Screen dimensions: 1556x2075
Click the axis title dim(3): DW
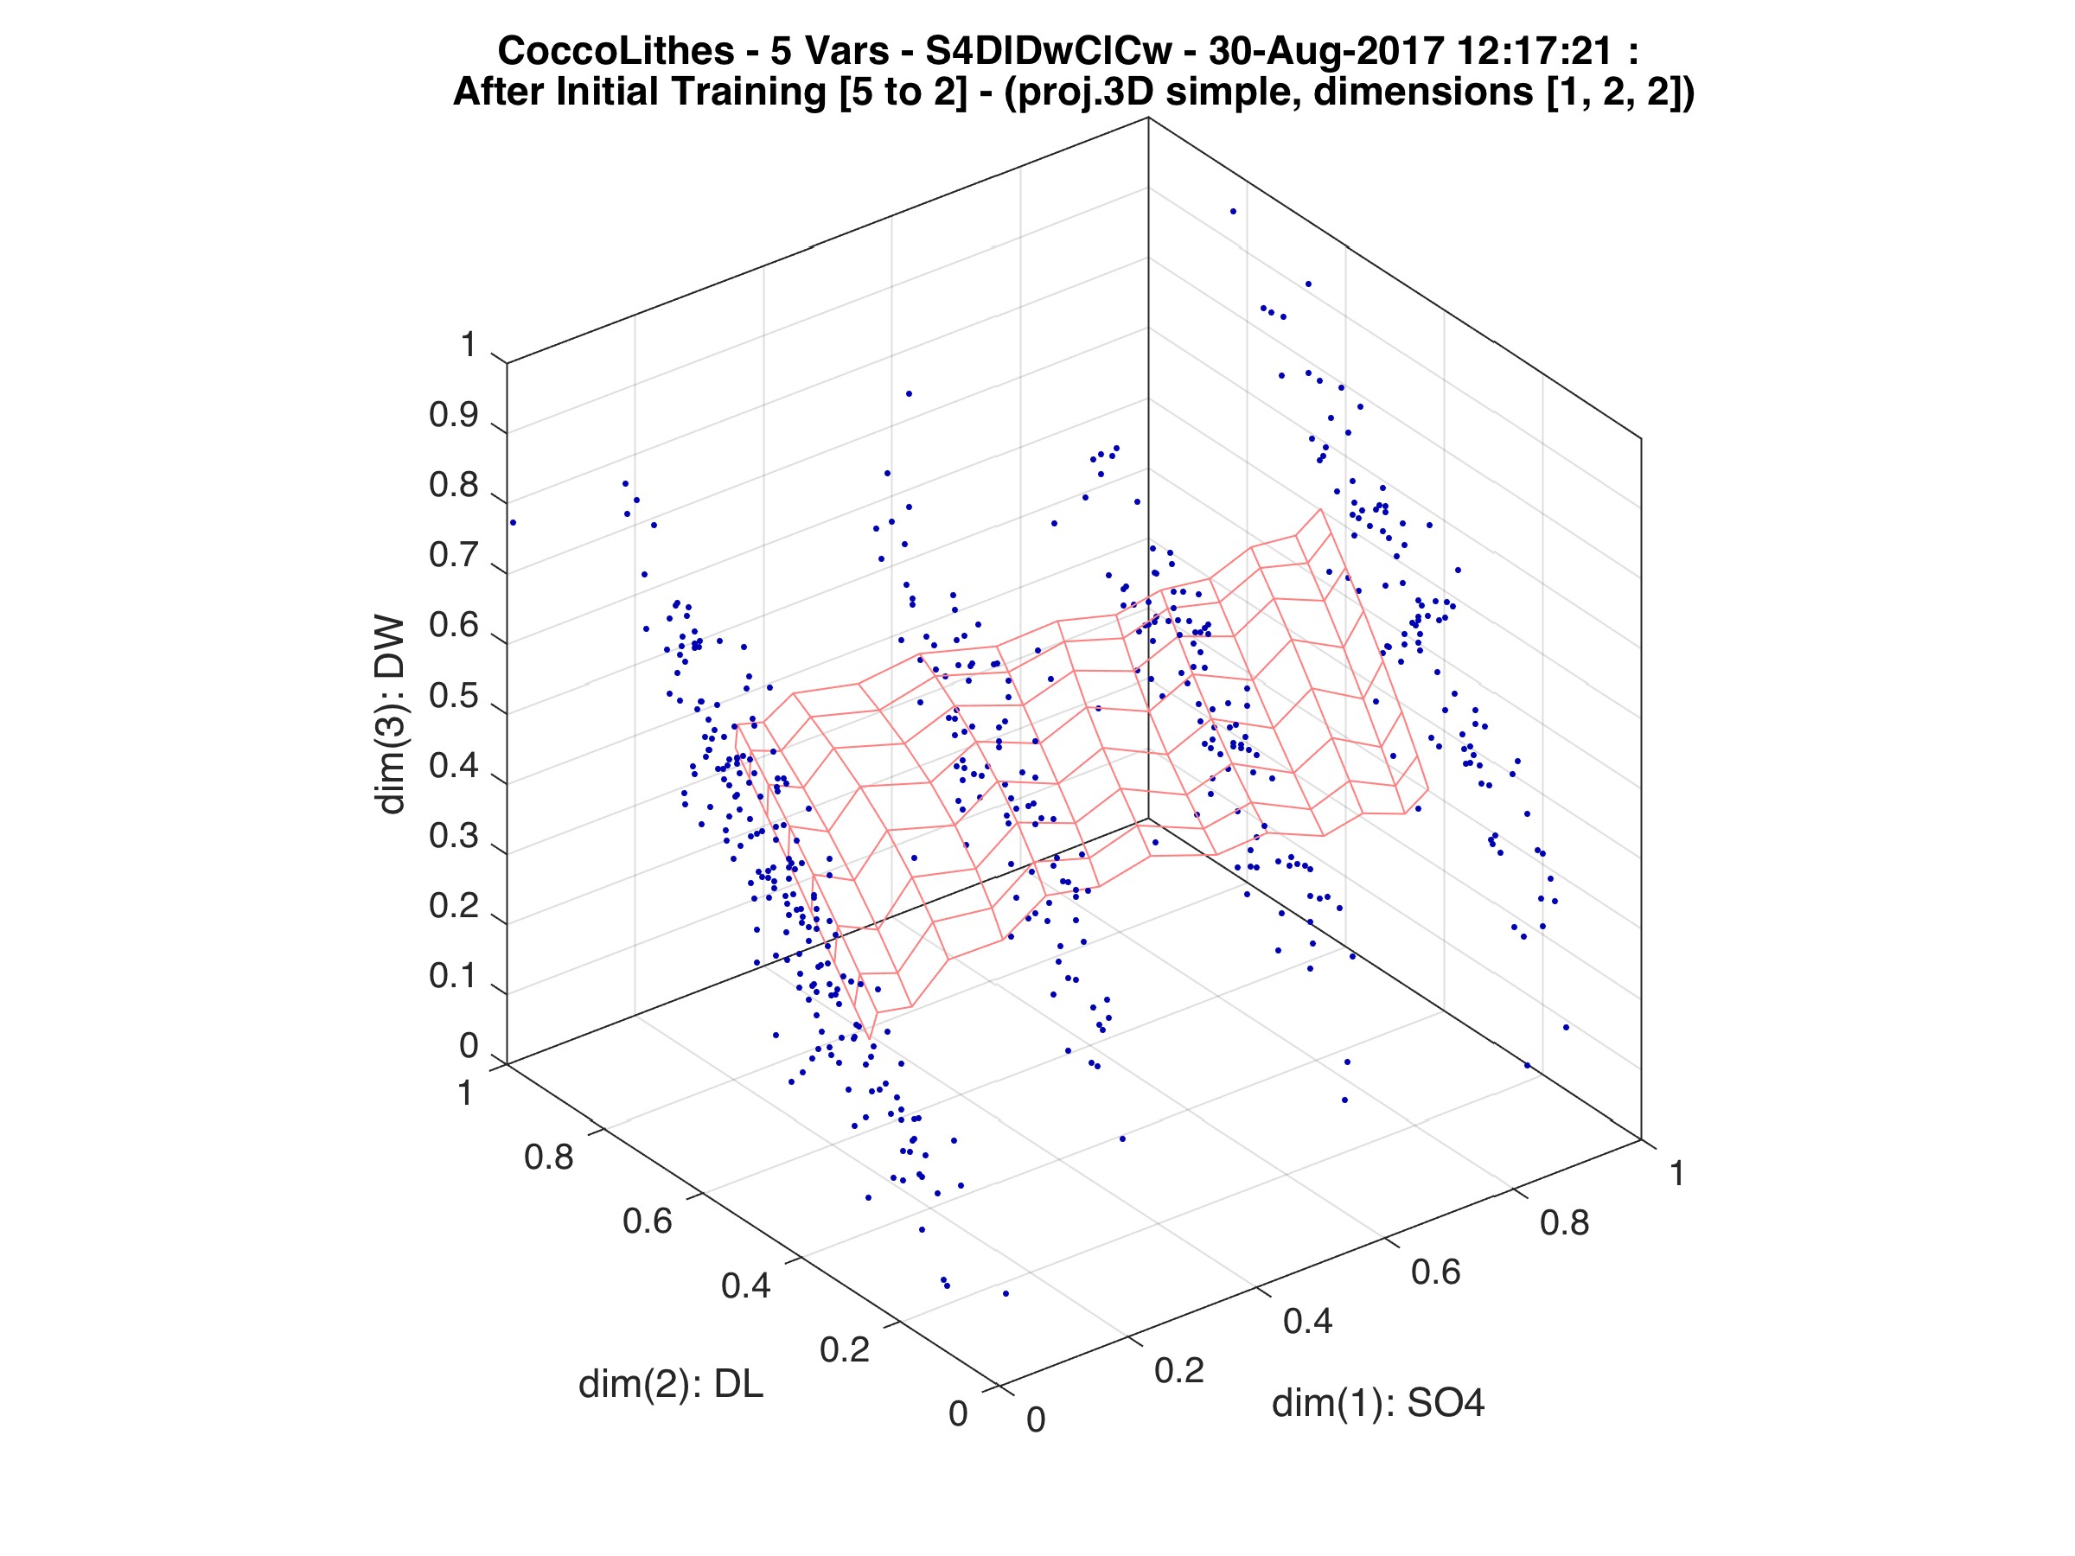point(389,715)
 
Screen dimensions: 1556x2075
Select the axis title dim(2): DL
point(671,1384)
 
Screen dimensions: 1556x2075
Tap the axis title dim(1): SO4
point(1378,1403)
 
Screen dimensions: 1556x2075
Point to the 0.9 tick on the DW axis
point(453,416)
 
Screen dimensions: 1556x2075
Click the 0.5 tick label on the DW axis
point(453,697)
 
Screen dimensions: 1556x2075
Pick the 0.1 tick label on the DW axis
point(453,976)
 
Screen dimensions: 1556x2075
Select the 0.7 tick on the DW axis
point(453,555)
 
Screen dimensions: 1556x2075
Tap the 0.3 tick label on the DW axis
point(453,836)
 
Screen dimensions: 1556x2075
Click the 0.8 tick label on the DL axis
point(549,1157)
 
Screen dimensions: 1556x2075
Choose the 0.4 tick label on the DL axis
point(746,1285)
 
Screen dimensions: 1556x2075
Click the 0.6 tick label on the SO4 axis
point(1436,1272)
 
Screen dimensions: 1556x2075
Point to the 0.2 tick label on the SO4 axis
point(1179,1370)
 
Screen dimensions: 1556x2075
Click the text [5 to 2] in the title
point(903,92)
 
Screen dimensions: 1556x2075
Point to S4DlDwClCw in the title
point(1049,51)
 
